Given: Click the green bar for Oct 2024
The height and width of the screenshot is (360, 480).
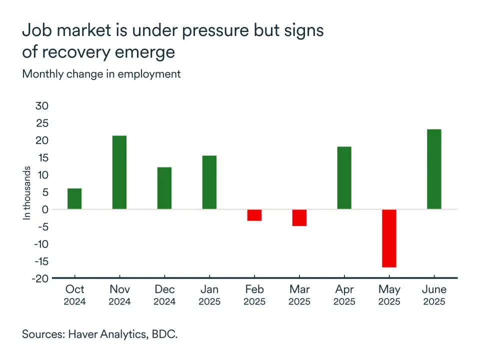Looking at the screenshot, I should click(74, 198).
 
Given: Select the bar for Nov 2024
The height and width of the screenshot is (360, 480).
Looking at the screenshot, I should click(119, 172).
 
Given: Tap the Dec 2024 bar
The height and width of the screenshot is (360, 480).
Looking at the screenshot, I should click(164, 188).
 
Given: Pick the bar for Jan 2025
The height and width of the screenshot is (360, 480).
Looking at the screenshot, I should click(209, 182).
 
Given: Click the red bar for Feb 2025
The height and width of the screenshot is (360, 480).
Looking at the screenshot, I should click(254, 215).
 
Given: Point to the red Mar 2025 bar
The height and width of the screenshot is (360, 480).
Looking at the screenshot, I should click(299, 217).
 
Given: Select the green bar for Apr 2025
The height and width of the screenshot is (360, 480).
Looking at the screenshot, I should click(344, 178).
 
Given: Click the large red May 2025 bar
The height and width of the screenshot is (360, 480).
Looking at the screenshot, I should click(389, 238).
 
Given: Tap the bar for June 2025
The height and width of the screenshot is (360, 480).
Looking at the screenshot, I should click(434, 169).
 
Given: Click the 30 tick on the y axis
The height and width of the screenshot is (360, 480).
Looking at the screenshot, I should click(42, 106).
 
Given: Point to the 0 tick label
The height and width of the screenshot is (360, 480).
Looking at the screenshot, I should click(45, 209).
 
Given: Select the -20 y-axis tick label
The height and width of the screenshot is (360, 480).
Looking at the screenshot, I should click(40, 278).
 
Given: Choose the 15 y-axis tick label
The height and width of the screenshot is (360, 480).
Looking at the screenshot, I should click(42, 158).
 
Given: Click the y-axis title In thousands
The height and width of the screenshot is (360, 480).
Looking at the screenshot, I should click(27, 193).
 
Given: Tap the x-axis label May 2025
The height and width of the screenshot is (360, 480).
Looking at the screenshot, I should click(389, 295).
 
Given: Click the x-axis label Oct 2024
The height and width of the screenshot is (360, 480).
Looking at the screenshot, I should click(74, 295).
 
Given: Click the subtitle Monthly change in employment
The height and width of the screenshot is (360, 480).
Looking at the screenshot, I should click(101, 74).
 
